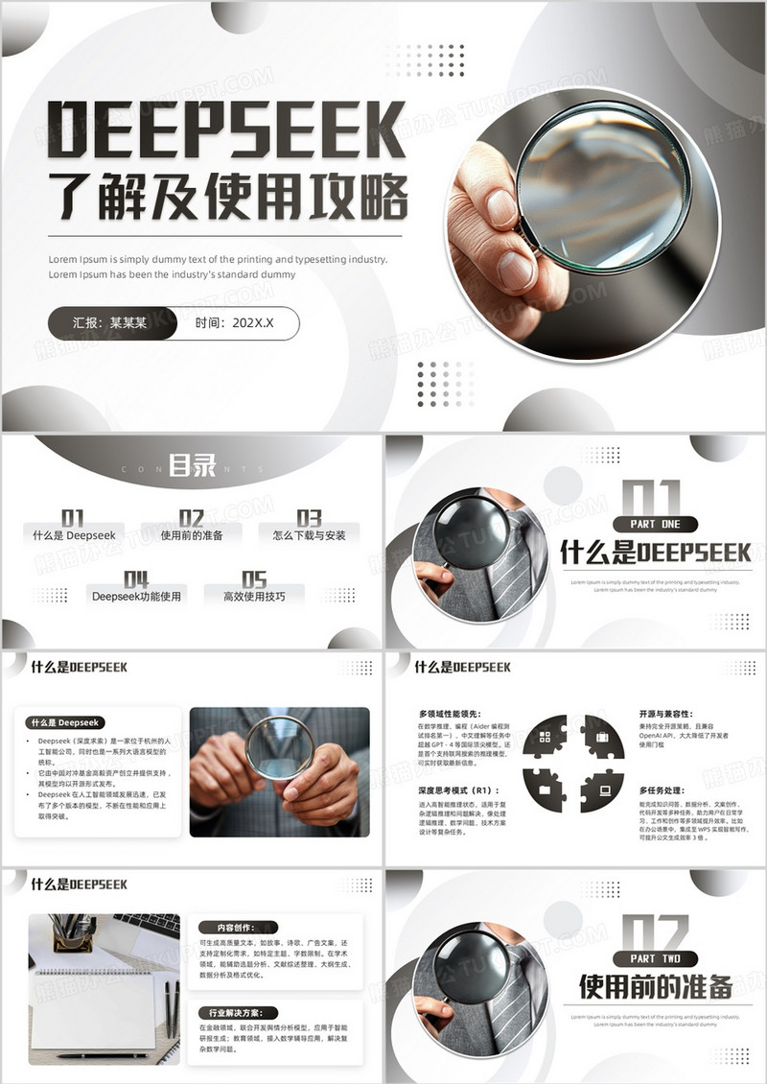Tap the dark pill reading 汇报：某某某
click(x=111, y=323)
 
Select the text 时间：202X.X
click(x=234, y=323)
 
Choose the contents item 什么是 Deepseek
click(x=74, y=535)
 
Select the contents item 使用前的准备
click(x=192, y=535)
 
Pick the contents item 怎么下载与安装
click(x=309, y=535)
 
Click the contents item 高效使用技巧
click(x=254, y=596)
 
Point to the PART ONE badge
click(x=656, y=524)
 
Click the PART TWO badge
click(x=656, y=958)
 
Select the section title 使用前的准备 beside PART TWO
click(x=656, y=986)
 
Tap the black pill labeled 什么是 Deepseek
click(x=66, y=722)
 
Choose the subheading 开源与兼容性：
click(x=669, y=714)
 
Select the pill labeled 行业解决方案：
click(x=237, y=1012)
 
